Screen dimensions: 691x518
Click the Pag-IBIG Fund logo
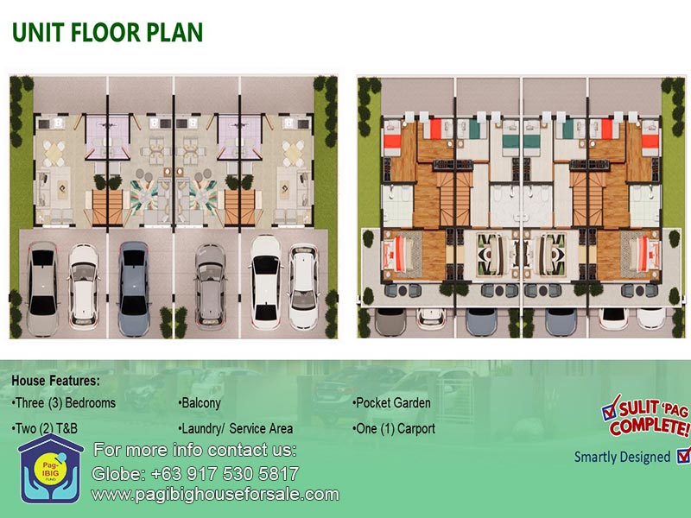51,469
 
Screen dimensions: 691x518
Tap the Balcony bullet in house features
200,402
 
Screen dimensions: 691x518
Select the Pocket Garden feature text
391,402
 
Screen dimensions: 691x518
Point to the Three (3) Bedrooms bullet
64,402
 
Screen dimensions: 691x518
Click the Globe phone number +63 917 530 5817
195,474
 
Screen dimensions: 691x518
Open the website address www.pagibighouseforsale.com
215,495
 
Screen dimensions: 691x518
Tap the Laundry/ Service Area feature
236,428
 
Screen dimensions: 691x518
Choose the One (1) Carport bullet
394,428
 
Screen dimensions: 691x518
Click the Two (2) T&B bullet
45,428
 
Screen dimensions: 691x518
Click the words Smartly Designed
622,458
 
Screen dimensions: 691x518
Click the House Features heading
56,381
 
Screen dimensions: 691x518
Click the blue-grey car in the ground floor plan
134,288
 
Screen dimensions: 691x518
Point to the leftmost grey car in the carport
42,288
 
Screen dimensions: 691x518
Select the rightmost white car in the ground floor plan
303,287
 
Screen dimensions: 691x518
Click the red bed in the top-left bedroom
392,141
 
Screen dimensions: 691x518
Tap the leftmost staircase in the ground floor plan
107,207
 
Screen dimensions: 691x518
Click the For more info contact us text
195,450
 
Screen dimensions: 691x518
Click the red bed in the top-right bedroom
650,142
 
